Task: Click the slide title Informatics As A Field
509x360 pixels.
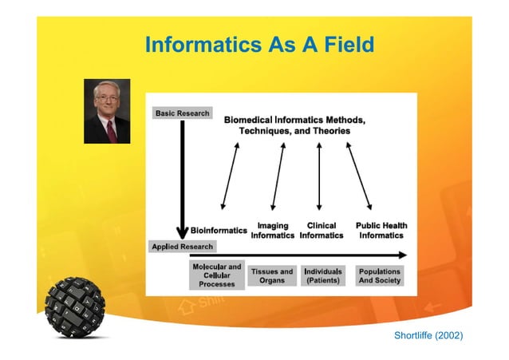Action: (x=259, y=45)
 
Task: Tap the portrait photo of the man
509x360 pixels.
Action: (x=107, y=111)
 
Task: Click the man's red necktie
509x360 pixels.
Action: (x=111, y=130)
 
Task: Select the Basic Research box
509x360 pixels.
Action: (x=182, y=113)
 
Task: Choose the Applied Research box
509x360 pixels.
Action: (x=183, y=247)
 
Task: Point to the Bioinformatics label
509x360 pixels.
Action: (x=219, y=231)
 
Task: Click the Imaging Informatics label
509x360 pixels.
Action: (x=273, y=231)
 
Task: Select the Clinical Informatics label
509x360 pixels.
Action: (x=322, y=231)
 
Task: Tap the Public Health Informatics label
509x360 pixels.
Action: (x=381, y=231)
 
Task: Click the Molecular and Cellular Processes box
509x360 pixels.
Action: (x=217, y=275)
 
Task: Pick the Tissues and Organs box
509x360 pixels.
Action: (x=272, y=276)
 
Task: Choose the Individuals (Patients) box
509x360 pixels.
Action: (x=323, y=276)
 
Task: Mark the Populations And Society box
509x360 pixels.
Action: (x=379, y=276)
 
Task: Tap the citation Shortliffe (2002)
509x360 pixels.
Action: (x=428, y=335)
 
